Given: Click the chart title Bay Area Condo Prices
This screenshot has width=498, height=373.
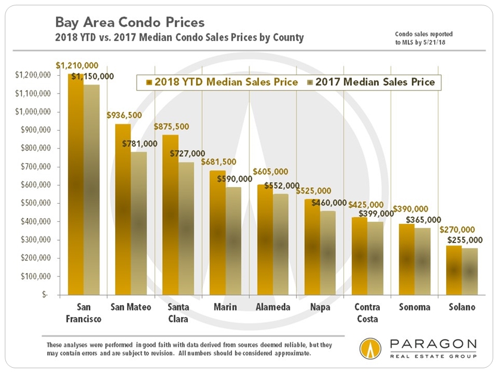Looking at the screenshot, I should [x=130, y=23].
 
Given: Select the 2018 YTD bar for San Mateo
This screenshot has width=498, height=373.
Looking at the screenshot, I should [x=122, y=209].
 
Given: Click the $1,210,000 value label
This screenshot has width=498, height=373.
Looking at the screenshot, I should [x=76, y=64].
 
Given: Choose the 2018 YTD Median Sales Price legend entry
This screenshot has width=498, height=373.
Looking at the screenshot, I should [x=221, y=82].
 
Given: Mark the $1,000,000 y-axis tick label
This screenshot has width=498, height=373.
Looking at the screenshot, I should [x=33, y=112].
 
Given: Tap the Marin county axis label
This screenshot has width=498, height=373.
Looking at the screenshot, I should [x=225, y=307].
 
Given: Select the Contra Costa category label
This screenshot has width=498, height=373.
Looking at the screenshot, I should [x=367, y=313].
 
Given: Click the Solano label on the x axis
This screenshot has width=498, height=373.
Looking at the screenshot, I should [x=462, y=307].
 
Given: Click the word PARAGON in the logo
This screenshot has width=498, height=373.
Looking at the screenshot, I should [x=433, y=345].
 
